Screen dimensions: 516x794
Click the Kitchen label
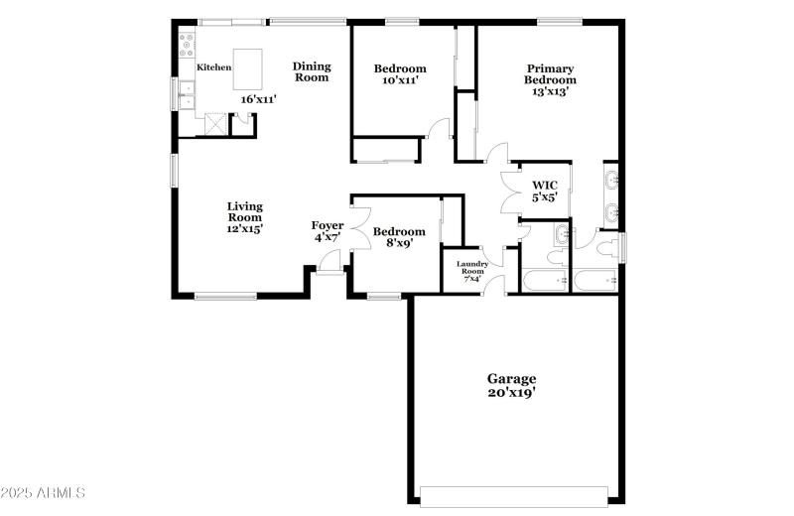213,67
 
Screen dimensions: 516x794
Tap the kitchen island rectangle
249,68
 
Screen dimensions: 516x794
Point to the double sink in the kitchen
185,94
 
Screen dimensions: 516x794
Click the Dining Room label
311,71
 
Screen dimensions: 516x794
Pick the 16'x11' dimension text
258,98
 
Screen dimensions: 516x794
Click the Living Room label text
244,217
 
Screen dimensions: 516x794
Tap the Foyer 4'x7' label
328,231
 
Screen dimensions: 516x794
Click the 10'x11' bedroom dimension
399,81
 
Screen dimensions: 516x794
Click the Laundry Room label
470,269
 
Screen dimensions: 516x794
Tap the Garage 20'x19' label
511,385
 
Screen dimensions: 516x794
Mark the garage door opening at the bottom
514,496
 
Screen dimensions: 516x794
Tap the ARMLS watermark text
46,493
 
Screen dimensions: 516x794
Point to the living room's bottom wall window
225,295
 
